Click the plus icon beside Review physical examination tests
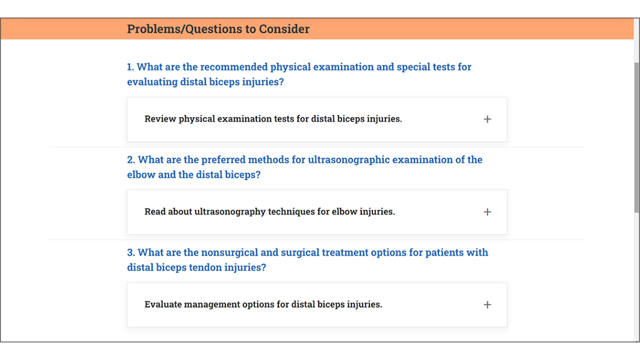[487, 119]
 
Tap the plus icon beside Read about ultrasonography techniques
[487, 212]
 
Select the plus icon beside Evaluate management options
[487, 304]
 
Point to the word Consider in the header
[284, 29]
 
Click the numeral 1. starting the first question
[130, 67]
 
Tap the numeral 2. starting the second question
[131, 160]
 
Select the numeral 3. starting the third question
[131, 252]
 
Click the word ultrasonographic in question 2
[348, 160]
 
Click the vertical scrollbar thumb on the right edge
[636, 138]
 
